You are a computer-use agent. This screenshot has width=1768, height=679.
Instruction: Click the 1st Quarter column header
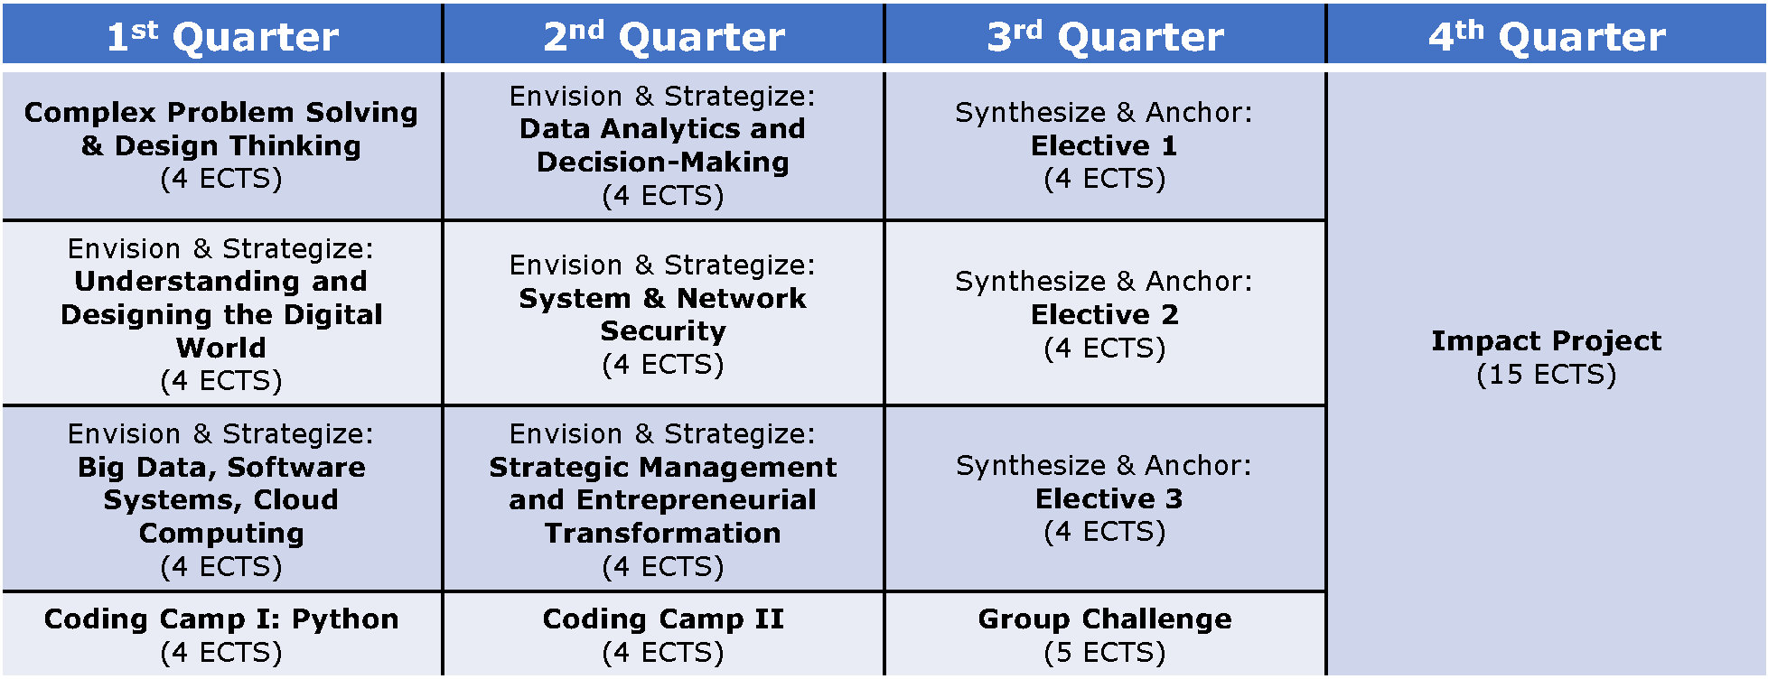pos(222,34)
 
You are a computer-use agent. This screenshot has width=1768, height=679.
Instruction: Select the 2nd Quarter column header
pos(664,34)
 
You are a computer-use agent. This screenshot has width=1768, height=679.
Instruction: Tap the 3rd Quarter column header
pos(1106,34)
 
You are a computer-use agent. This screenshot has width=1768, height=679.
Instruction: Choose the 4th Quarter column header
pos(1547,34)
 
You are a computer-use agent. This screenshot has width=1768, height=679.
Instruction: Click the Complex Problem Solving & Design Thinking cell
pos(222,145)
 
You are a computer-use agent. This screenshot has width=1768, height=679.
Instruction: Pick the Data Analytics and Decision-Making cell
pos(664,145)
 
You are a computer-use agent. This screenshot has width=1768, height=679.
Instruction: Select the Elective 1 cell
pos(1106,145)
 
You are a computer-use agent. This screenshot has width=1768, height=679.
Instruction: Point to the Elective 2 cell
pos(1106,313)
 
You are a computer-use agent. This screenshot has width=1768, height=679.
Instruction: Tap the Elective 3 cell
pos(1106,498)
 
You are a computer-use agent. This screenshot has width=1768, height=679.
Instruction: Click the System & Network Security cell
pos(664,313)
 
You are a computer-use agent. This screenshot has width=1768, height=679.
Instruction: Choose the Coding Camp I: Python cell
pos(222,634)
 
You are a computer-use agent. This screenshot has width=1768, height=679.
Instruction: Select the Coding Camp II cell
pos(664,634)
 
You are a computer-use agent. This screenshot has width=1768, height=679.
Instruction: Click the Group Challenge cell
pos(1106,634)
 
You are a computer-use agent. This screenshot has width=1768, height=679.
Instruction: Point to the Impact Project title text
pos(1547,340)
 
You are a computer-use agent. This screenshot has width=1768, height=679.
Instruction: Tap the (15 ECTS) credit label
pos(1547,375)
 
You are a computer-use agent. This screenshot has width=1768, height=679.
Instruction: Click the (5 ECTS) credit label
pos(1105,653)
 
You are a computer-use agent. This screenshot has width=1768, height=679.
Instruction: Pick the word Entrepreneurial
pos(697,500)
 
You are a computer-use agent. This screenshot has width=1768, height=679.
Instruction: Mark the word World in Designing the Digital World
pos(221,348)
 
